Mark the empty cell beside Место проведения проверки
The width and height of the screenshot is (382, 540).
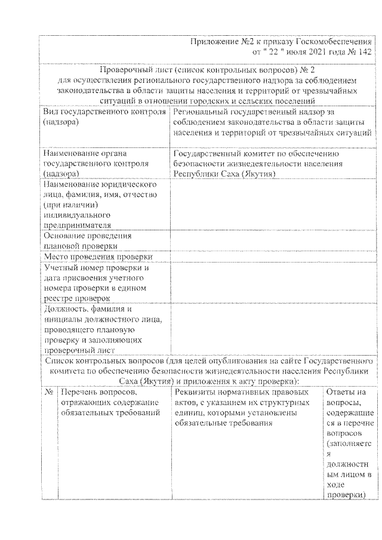[273, 256]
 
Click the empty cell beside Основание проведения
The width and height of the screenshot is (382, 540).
[273, 240]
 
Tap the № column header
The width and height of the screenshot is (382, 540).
[48, 393]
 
